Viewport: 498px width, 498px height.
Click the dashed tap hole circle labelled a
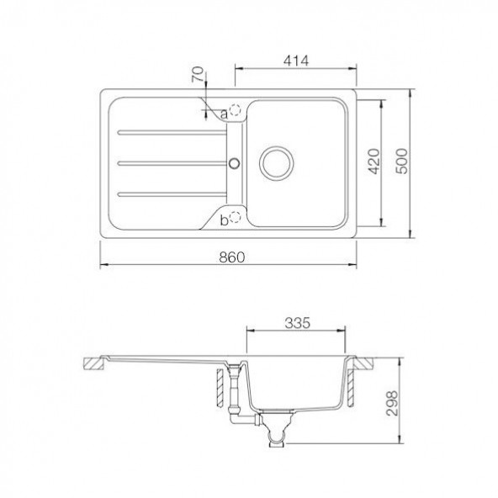(236, 109)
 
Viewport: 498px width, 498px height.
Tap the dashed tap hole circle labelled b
(236, 218)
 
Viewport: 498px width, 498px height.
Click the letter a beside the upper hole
(224, 112)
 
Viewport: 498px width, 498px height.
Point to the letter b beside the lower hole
(224, 220)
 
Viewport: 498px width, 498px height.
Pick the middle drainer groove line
(168, 161)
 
